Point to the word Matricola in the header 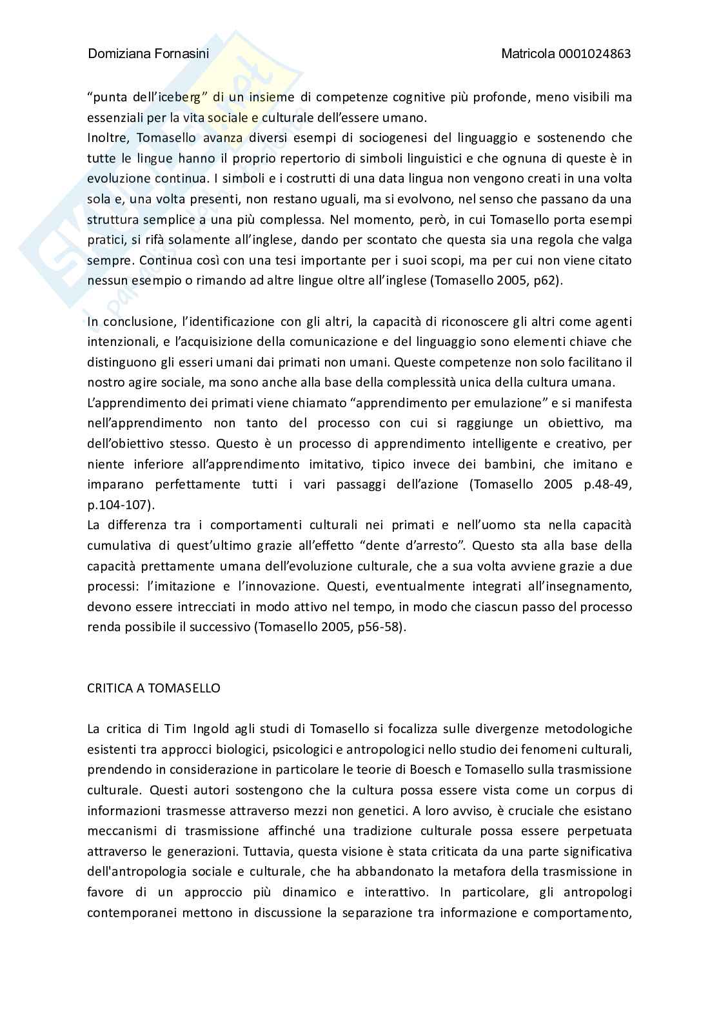tap(528, 54)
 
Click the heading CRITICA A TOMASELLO tap(153, 688)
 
